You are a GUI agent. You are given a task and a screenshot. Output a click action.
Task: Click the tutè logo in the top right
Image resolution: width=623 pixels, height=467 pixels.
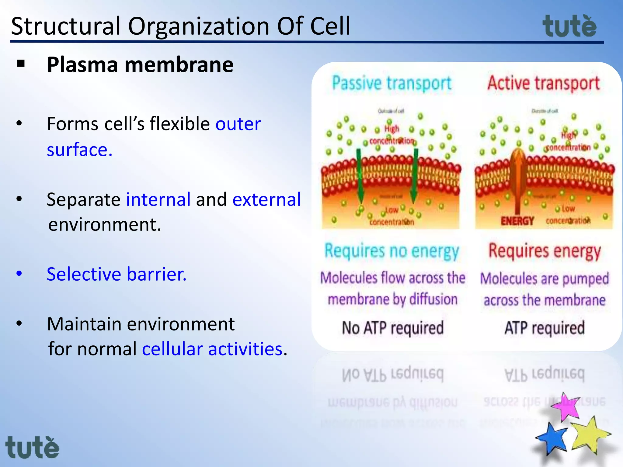click(569, 26)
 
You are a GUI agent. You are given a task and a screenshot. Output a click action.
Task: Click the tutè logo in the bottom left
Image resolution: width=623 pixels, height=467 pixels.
click(32, 448)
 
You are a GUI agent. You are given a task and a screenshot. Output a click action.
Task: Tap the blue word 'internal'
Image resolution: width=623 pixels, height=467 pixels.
click(158, 199)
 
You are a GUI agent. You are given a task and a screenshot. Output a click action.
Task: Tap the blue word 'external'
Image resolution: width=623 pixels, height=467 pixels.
click(266, 199)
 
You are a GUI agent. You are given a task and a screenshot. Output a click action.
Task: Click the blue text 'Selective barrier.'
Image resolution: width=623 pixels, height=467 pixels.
click(117, 274)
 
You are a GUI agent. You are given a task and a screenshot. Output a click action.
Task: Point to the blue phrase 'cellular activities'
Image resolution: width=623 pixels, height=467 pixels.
click(212, 349)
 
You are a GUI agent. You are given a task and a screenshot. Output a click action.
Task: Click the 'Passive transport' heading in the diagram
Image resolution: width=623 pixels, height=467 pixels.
click(392, 83)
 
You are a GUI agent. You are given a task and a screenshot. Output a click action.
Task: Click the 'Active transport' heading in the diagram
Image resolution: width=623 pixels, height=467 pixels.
click(543, 83)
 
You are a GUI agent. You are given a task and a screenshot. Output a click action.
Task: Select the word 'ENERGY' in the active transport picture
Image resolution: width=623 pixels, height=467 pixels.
click(517, 221)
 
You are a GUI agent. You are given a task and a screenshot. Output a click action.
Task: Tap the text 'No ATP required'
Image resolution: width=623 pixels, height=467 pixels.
click(393, 328)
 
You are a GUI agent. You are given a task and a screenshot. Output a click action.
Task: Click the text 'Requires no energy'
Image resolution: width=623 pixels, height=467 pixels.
click(392, 252)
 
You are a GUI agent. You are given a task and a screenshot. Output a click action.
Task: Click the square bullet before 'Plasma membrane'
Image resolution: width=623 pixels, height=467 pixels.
click(21, 64)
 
